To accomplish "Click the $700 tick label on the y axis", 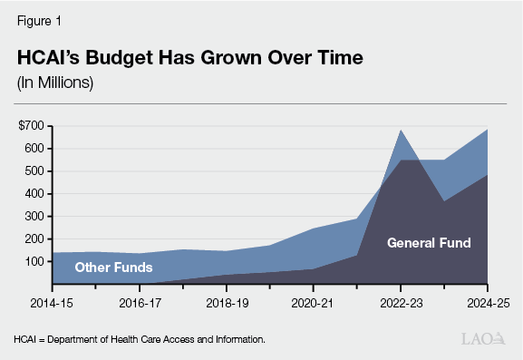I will [34, 125].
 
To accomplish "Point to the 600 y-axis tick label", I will [36, 148].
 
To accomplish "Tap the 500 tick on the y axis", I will [36, 170].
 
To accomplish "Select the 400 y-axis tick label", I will [36, 193].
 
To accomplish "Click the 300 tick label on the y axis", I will [36, 216].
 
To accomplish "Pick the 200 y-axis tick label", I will [36, 238].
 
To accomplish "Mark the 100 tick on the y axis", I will [36, 261].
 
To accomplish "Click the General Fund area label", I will [429, 243].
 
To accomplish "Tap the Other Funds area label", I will [113, 268].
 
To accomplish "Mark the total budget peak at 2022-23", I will [402, 130].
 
